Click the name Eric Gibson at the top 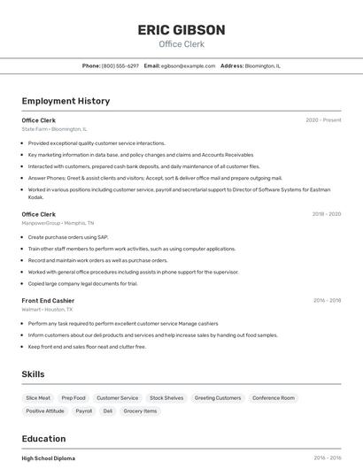181,29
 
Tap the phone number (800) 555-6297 120,65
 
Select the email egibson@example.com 187,65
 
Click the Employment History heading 66,101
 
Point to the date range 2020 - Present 323,119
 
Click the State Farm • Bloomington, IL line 56,129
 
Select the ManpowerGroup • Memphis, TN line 58,223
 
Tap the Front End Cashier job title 48,301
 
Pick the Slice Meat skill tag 38,398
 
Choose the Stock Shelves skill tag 166,398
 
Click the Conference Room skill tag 274,398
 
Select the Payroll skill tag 83,411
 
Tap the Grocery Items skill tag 140,411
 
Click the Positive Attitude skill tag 45,411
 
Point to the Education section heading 43,439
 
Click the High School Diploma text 49,458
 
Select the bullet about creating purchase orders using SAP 67,237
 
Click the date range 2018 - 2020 327,214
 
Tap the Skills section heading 33,374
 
